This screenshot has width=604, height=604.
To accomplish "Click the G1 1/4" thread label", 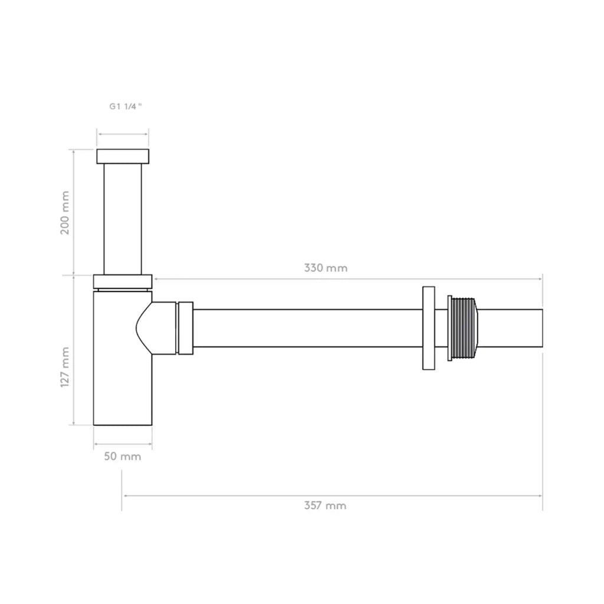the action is (x=126, y=106).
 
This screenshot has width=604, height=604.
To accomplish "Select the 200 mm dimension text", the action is (x=65, y=212).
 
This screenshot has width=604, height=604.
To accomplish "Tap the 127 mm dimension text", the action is (x=65, y=367).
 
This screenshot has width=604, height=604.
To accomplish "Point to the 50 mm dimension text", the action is (x=123, y=457).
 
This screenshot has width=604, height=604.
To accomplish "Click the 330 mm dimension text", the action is (x=326, y=268).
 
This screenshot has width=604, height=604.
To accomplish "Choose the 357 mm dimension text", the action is (x=325, y=505).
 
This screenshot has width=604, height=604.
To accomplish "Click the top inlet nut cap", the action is (x=123, y=156).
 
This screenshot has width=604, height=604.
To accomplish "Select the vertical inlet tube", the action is (x=123, y=219).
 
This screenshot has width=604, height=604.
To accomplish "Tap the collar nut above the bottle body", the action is (x=123, y=281).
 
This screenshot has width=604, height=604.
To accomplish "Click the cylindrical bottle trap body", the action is (x=116, y=358).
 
